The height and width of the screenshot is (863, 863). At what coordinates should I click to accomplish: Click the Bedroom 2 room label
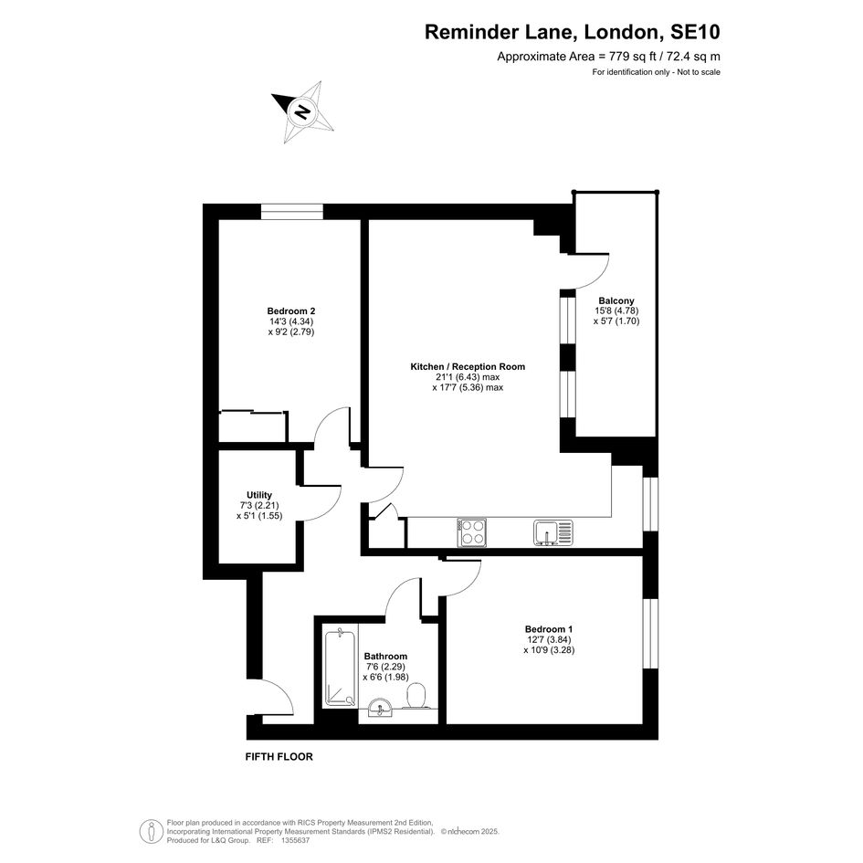point(290,311)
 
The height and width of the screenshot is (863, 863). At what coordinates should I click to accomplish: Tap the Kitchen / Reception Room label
point(468,366)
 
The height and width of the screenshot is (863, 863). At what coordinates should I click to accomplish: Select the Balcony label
point(616,300)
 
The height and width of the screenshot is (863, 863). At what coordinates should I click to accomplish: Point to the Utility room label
point(259,495)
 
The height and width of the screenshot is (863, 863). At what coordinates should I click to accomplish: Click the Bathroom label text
point(385,656)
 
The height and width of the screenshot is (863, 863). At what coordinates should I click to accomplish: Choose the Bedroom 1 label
point(549,629)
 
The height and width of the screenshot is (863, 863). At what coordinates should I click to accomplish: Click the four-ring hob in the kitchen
point(472,532)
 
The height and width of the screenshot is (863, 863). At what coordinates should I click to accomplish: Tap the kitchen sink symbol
point(553,532)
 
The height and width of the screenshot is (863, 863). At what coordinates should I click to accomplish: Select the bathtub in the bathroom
point(340,668)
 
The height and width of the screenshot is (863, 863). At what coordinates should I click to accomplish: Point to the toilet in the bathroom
point(416,696)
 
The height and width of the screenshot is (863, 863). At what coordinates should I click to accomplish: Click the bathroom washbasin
point(380,708)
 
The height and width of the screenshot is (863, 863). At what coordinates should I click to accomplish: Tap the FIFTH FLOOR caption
point(279,757)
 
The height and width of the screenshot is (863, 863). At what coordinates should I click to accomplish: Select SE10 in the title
point(695,32)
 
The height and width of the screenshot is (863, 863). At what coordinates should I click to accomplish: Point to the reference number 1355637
point(295,840)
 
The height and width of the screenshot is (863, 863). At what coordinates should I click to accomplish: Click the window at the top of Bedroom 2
point(292,211)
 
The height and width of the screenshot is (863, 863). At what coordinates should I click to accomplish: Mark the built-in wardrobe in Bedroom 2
point(253,426)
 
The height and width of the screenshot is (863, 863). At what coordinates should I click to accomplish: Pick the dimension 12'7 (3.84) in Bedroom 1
point(549,639)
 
